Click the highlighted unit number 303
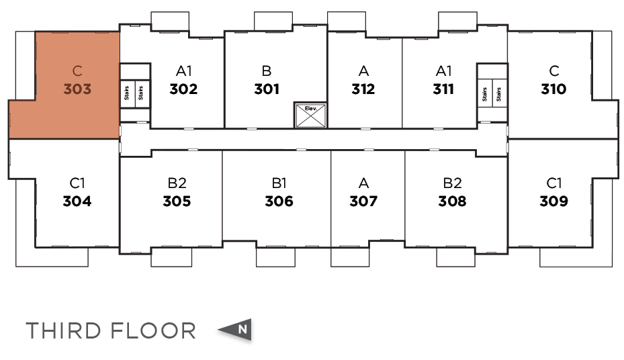(77, 89)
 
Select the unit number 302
(183, 89)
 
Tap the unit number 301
(267, 89)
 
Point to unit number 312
(363, 89)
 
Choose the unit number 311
(443, 89)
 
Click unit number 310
(553, 89)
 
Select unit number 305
(177, 201)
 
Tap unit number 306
(279, 201)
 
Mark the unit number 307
(363, 201)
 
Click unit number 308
(452, 201)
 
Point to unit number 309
(553, 201)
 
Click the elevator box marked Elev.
(310, 116)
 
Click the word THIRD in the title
(64, 330)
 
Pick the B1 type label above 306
(279, 183)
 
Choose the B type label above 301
(267, 71)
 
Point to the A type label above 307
(363, 183)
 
